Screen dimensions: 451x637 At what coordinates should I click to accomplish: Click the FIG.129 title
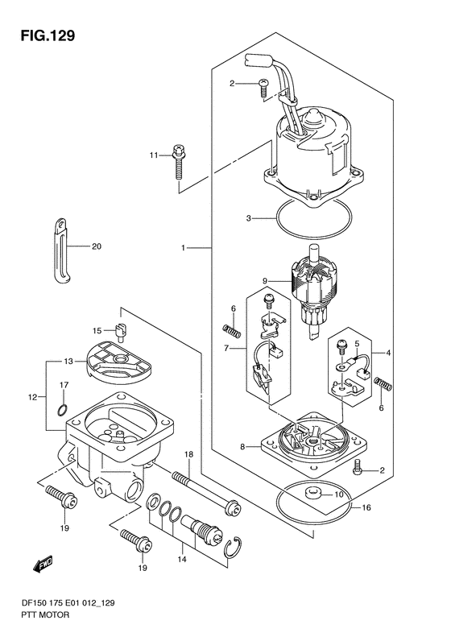coord(48,35)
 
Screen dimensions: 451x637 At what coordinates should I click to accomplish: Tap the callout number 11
coord(153,155)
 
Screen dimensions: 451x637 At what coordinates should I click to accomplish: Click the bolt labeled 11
coord(177,162)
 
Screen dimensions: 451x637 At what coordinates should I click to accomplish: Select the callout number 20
coord(97,246)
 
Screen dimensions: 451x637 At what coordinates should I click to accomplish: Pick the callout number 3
coord(249,218)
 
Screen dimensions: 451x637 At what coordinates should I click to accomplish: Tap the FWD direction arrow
coord(43,564)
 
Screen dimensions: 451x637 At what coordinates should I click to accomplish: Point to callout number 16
coord(366,507)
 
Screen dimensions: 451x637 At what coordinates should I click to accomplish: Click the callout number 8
coord(242,447)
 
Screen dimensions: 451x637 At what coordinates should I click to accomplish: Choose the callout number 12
coord(33,397)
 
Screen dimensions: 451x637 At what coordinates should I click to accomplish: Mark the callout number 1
coord(184,247)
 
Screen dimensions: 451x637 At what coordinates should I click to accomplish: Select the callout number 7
coord(226,348)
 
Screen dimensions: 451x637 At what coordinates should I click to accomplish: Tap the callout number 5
coord(357,344)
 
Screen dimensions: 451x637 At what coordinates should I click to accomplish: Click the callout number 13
coord(68,361)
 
